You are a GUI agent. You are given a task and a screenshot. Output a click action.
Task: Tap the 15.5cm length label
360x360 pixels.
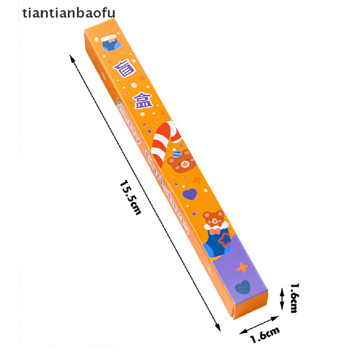[130, 197]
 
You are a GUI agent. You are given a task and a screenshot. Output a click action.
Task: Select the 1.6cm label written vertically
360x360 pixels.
[294, 298]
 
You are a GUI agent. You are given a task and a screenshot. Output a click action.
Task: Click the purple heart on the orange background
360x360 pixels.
[190, 194]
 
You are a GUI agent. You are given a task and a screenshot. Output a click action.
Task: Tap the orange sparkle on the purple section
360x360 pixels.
[242, 268]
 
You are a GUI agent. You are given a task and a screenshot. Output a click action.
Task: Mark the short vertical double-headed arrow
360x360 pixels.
[282, 298]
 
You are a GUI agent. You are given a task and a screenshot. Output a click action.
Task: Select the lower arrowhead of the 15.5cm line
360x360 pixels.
[218, 329]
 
